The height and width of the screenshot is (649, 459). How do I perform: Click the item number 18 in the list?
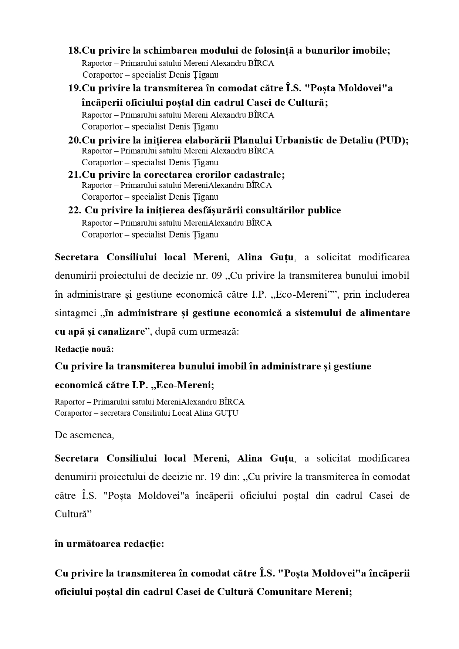click(x=74, y=51)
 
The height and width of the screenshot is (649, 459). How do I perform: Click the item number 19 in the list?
click(x=74, y=88)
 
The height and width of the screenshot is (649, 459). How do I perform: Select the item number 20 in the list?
click(x=74, y=141)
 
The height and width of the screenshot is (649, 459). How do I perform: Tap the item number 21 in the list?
click(x=74, y=175)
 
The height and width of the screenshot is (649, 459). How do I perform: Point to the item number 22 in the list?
click(x=74, y=210)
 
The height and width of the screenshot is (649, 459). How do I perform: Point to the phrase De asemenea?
click(x=84, y=435)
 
